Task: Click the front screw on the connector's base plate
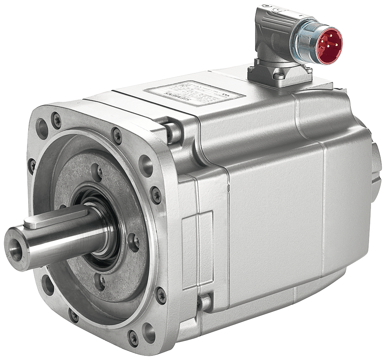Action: click(x=279, y=76)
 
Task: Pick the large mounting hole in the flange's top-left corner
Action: click(x=42, y=128)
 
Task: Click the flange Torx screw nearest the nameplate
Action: click(x=117, y=136)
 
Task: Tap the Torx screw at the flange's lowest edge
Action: click(x=133, y=338)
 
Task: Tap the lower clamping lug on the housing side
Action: click(x=204, y=303)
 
